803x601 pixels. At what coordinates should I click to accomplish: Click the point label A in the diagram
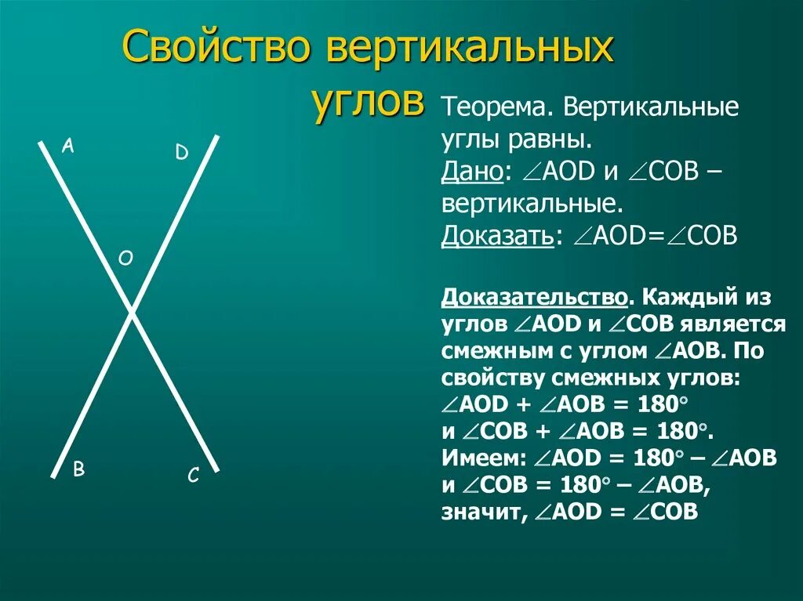(68, 147)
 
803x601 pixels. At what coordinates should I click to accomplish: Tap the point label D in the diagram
(182, 152)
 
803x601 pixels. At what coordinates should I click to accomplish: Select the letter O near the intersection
(125, 258)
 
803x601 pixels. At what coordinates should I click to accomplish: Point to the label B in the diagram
(78, 469)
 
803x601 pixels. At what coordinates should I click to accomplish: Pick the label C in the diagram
(193, 476)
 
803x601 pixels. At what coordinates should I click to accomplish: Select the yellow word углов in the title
(369, 101)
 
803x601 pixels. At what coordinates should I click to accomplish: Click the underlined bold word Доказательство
(534, 298)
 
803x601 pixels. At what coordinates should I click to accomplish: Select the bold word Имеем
(481, 458)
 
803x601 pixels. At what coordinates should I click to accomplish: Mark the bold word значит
(481, 512)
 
